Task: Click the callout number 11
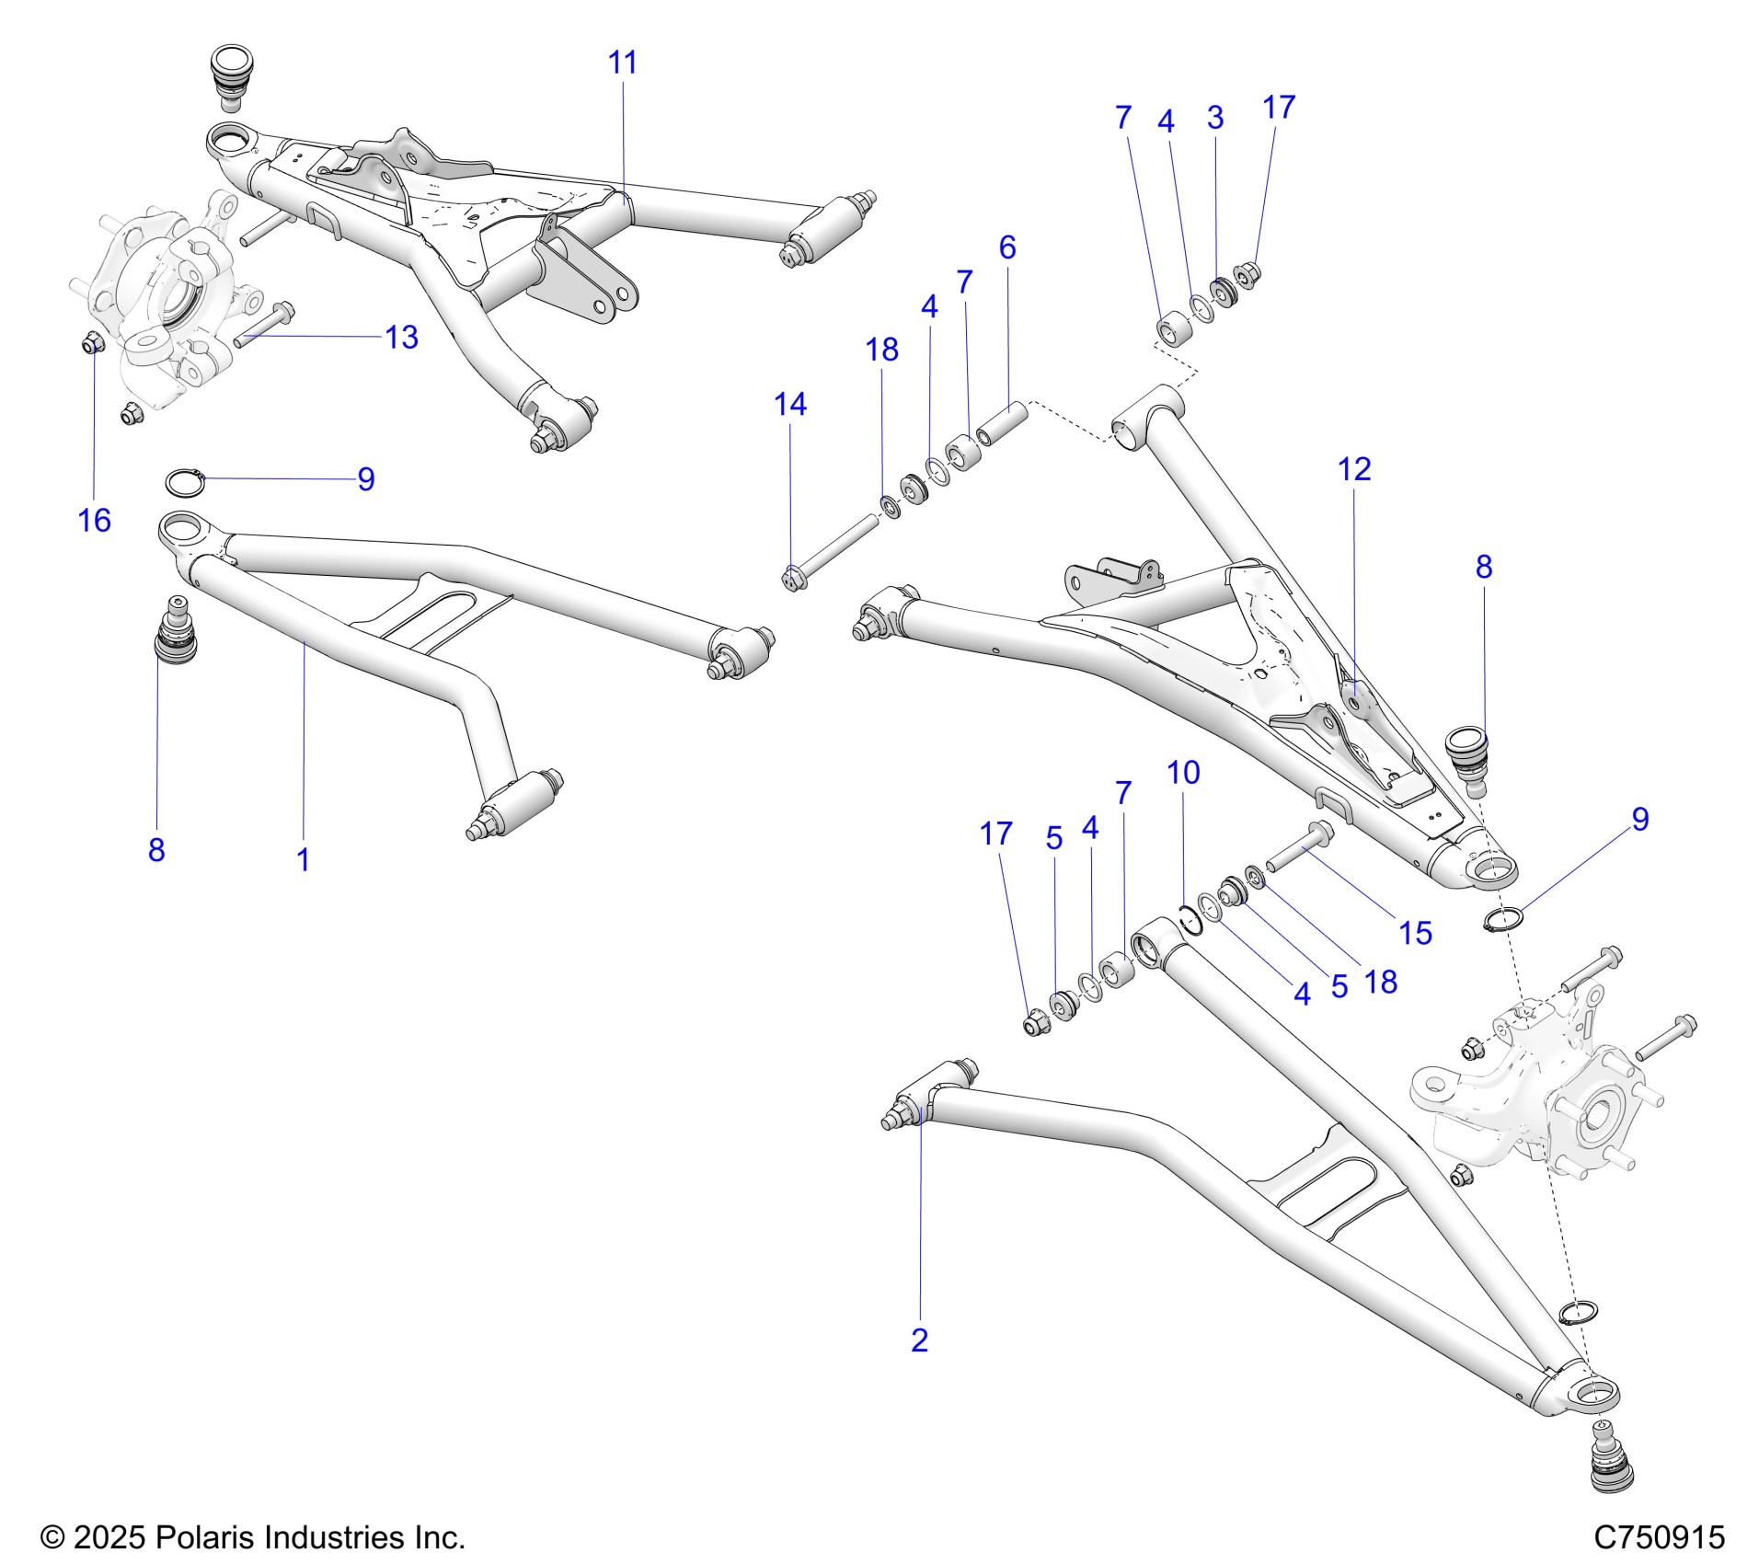coord(623,63)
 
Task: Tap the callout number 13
coord(402,338)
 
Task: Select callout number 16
coord(94,521)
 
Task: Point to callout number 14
coord(790,404)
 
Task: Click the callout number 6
coord(1007,247)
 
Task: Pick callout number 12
coord(1354,469)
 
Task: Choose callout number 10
coord(1183,773)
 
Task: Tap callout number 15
coord(1416,933)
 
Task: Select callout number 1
coord(303,860)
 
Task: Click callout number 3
coord(1215,118)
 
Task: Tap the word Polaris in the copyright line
coord(207,1537)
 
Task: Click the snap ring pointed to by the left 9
coord(184,480)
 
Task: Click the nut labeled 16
coord(92,343)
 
